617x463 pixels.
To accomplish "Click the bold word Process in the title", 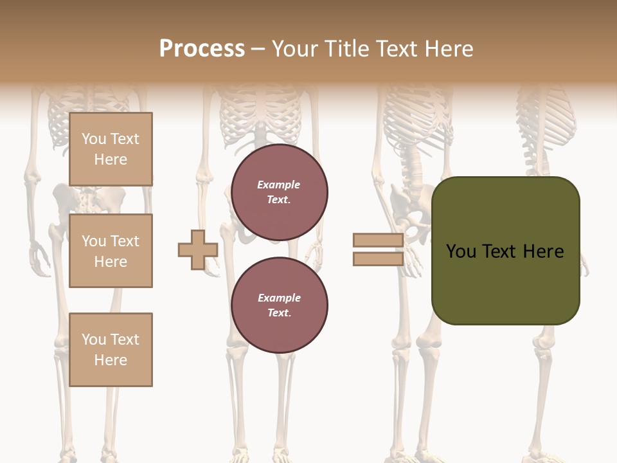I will click(x=202, y=49).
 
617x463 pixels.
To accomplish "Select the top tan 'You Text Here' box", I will click(x=111, y=149).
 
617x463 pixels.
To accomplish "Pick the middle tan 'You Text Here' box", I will click(x=111, y=251).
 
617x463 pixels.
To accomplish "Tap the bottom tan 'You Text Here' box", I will click(x=111, y=349).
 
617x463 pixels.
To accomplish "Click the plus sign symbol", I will click(x=198, y=250).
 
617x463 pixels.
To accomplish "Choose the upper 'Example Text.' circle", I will click(x=279, y=192).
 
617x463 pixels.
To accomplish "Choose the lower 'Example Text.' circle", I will click(x=279, y=305).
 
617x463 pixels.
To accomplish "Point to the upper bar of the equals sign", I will click(x=378, y=240).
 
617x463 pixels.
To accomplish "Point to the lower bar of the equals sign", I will click(x=378, y=259).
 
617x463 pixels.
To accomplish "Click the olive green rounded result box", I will click(x=505, y=283).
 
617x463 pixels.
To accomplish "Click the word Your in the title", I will click(x=295, y=49).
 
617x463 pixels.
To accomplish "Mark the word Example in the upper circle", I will click(x=279, y=185).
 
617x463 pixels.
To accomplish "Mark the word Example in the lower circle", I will click(x=279, y=298).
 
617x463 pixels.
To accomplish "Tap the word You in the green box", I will click(x=461, y=251).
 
